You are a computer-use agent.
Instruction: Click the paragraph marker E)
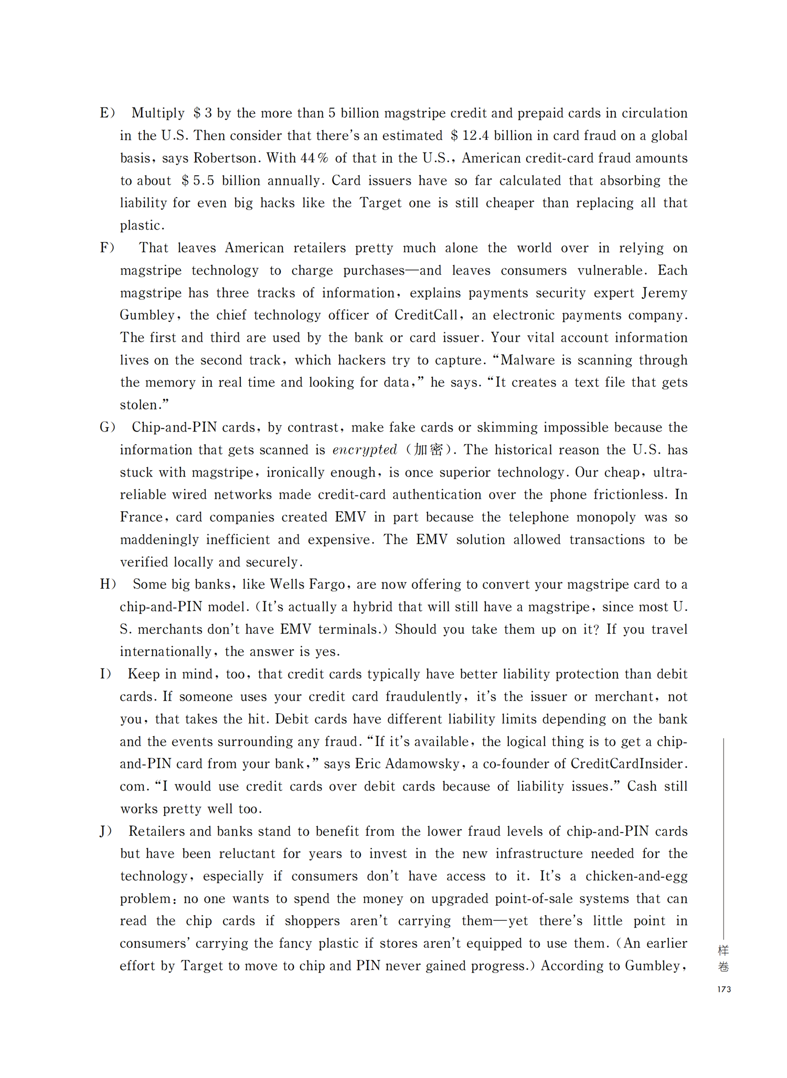click(x=107, y=113)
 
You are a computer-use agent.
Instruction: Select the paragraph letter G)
click(x=107, y=427)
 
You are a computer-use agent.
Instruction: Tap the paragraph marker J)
click(x=106, y=832)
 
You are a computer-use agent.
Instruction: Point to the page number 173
click(x=724, y=989)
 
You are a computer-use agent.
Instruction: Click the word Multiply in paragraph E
click(x=158, y=113)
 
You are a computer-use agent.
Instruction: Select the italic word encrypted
click(x=365, y=450)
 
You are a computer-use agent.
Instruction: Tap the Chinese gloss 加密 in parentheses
click(x=428, y=450)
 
